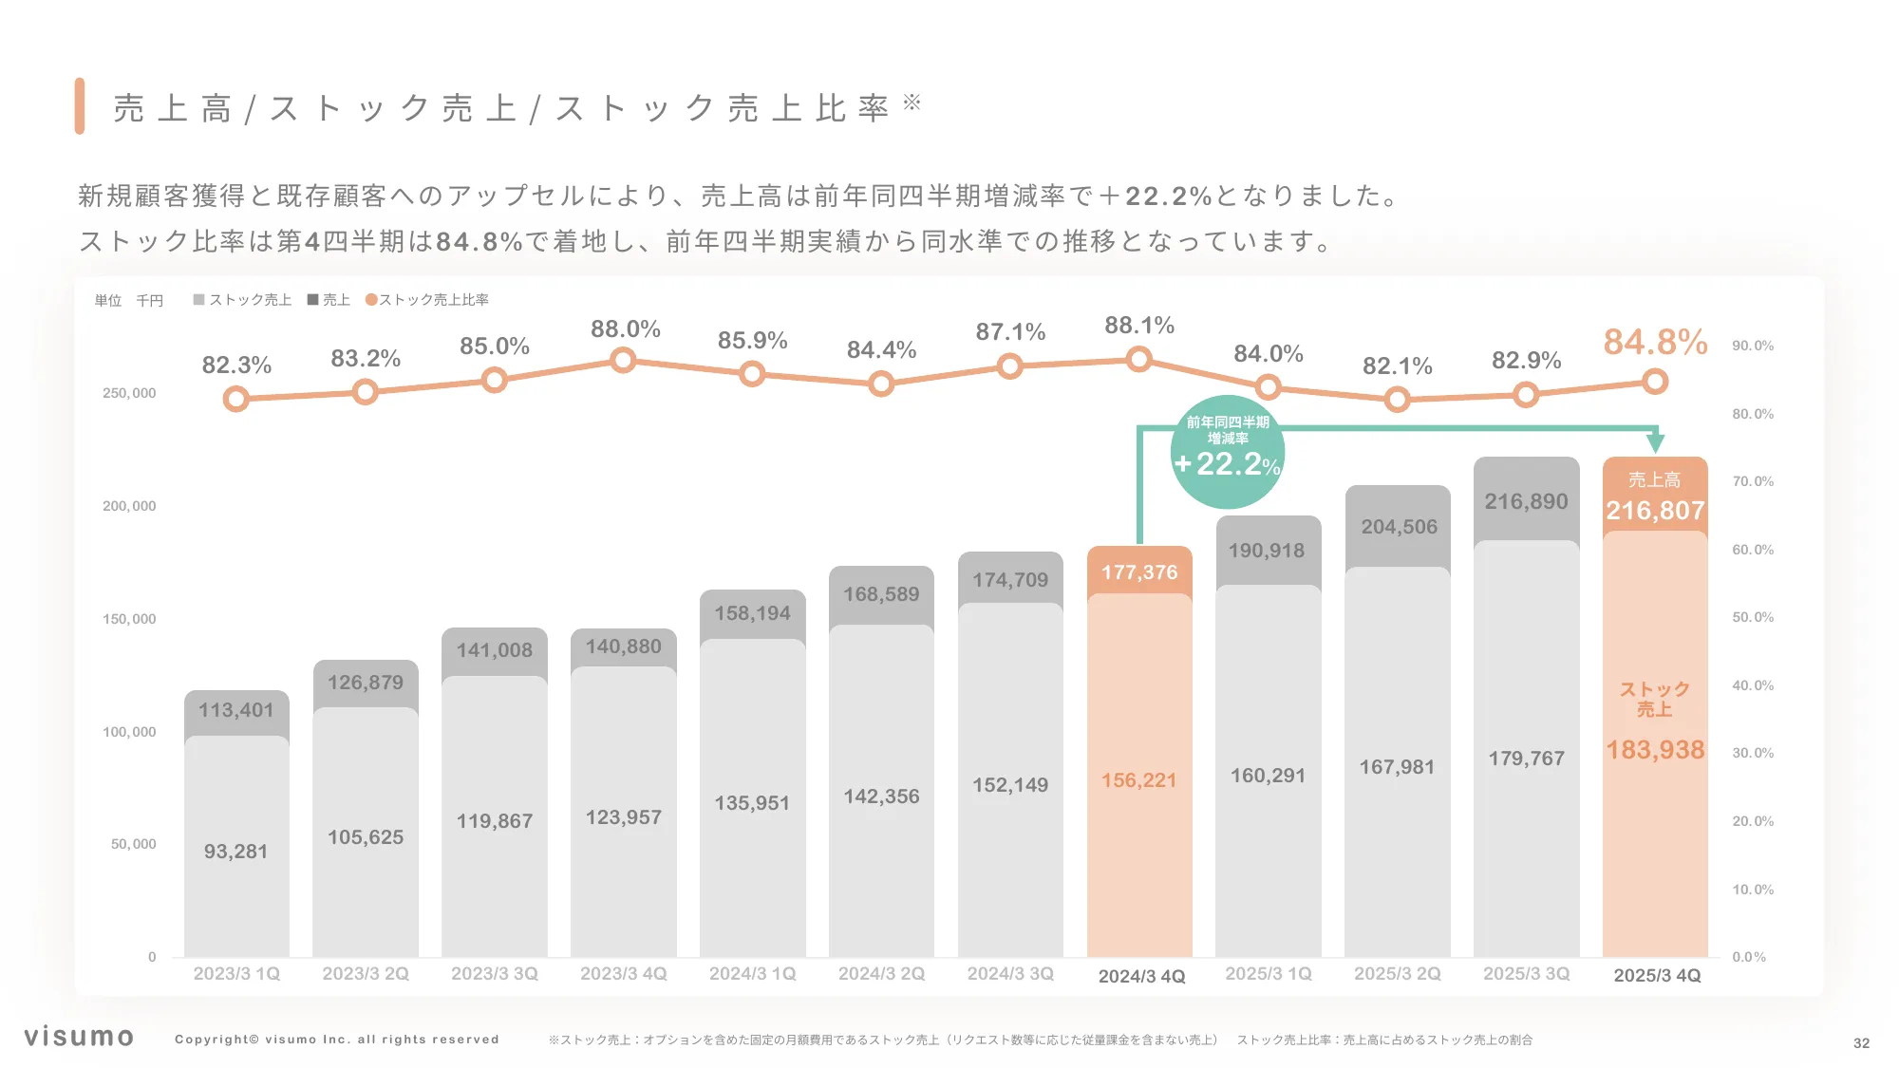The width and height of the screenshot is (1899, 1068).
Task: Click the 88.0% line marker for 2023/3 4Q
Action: tap(623, 360)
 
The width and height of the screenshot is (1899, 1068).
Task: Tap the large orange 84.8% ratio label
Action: tap(1655, 342)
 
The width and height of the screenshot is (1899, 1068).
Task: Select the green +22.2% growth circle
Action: tap(1227, 453)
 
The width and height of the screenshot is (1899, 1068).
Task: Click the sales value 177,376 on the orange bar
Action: tap(1138, 572)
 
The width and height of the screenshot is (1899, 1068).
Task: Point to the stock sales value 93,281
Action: tap(235, 852)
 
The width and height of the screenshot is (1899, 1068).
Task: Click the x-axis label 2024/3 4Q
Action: tap(1141, 976)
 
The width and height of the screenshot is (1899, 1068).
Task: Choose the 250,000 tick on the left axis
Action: tap(129, 393)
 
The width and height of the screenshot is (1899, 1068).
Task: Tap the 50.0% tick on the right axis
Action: tap(1752, 617)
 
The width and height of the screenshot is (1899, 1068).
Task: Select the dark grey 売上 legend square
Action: tap(312, 300)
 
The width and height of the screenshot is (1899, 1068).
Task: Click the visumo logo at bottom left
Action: tap(79, 1036)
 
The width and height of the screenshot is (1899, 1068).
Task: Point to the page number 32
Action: tap(1861, 1042)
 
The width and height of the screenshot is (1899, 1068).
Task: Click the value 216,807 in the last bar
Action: tap(1654, 511)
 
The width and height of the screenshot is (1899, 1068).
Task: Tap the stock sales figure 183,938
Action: tap(1654, 750)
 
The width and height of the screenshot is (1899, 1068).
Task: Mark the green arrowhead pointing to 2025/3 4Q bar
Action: tap(1655, 442)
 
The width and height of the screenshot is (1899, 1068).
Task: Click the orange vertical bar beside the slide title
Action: tap(80, 106)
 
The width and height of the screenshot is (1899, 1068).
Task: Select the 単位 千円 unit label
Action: tap(128, 301)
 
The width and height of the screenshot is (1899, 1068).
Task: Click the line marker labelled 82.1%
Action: tap(1397, 400)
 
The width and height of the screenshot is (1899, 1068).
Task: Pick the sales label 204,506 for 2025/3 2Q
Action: tap(1399, 527)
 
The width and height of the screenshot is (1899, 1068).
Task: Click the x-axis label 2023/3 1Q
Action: tap(236, 974)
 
